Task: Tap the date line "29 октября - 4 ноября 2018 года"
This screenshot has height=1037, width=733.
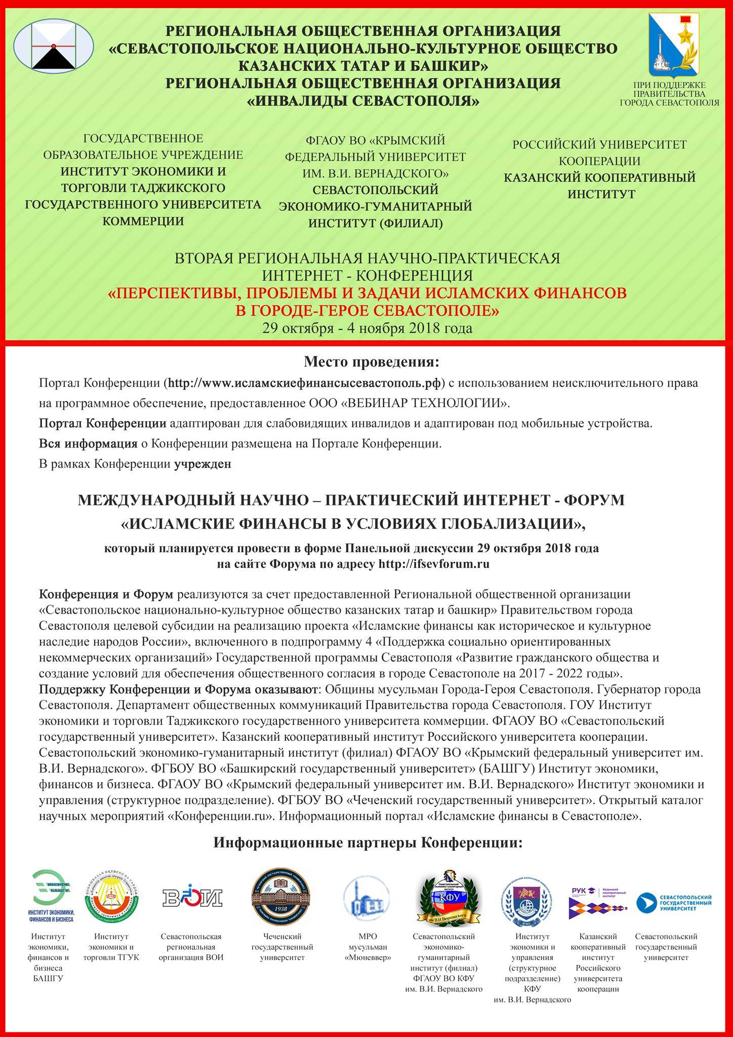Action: coord(367,328)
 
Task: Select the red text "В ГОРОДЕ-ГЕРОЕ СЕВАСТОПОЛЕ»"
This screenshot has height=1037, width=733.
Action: coord(367,310)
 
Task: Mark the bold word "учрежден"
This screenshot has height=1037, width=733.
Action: coord(202,464)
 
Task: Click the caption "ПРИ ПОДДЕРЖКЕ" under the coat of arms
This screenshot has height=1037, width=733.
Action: coord(669,86)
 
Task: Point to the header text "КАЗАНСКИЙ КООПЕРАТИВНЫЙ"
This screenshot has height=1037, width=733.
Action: coord(599,178)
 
